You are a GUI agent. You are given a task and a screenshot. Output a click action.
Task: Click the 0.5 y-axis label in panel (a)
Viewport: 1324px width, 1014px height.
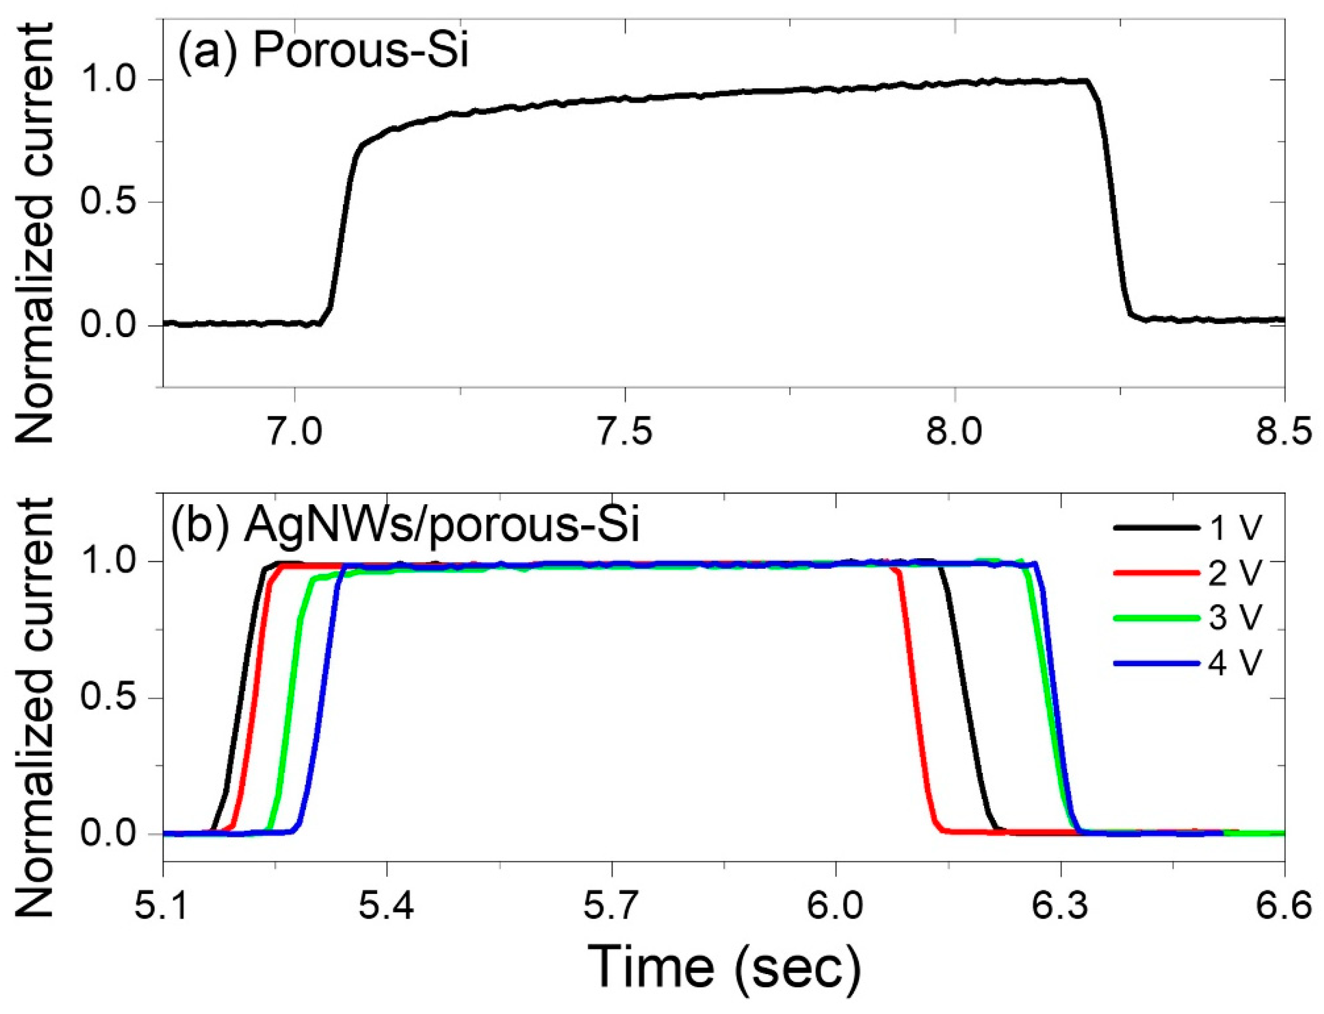point(112,203)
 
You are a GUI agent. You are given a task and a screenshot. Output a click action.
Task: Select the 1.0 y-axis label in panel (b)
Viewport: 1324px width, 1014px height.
point(112,561)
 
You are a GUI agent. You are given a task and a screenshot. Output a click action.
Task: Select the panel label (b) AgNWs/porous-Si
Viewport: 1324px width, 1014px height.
point(404,524)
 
